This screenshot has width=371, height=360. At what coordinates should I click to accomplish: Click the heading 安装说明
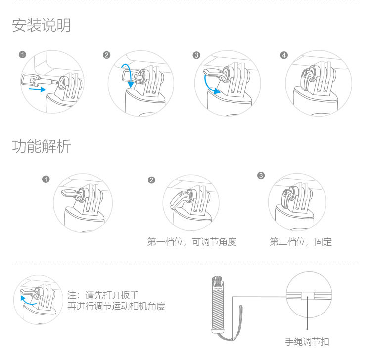pos(41,25)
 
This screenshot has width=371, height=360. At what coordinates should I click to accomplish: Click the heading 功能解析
pos(41,146)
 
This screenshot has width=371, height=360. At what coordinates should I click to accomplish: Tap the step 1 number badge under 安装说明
pos(22,54)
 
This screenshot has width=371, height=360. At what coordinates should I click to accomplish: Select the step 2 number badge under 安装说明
pos(106,54)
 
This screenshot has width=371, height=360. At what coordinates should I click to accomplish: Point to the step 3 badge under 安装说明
pos(196,54)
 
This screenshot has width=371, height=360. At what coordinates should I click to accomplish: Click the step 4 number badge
pos(283,54)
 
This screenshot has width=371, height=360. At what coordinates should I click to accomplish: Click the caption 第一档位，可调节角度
pos(192,242)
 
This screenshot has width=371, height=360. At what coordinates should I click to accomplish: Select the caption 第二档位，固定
pos(300,242)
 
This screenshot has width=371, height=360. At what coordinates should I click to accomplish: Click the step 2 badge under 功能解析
pos(151,180)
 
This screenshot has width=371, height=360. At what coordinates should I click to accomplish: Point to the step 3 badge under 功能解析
pos(261,175)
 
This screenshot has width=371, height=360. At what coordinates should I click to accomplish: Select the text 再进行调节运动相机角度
pos(116,307)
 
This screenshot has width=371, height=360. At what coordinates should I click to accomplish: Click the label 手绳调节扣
pos(307,342)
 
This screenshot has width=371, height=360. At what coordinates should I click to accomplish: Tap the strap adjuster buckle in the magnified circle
pos(307,296)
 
